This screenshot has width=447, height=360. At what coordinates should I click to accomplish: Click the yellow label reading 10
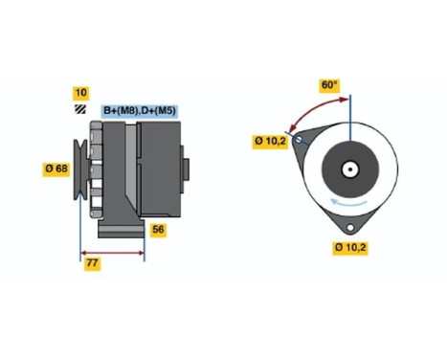coord(80,93)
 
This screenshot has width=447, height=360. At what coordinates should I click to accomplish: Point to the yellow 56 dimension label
coord(160,229)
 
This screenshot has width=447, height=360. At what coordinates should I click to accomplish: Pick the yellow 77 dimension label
coord(91,262)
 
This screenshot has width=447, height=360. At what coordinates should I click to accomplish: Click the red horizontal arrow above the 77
coord(111,253)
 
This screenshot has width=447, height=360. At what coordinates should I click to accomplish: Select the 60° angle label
coord(329,85)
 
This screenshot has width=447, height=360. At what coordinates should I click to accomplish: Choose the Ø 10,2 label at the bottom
coord(349,248)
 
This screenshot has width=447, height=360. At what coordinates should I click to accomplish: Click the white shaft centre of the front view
coord(350,172)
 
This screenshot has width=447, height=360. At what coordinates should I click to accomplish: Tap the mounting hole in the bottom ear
coord(350,228)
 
